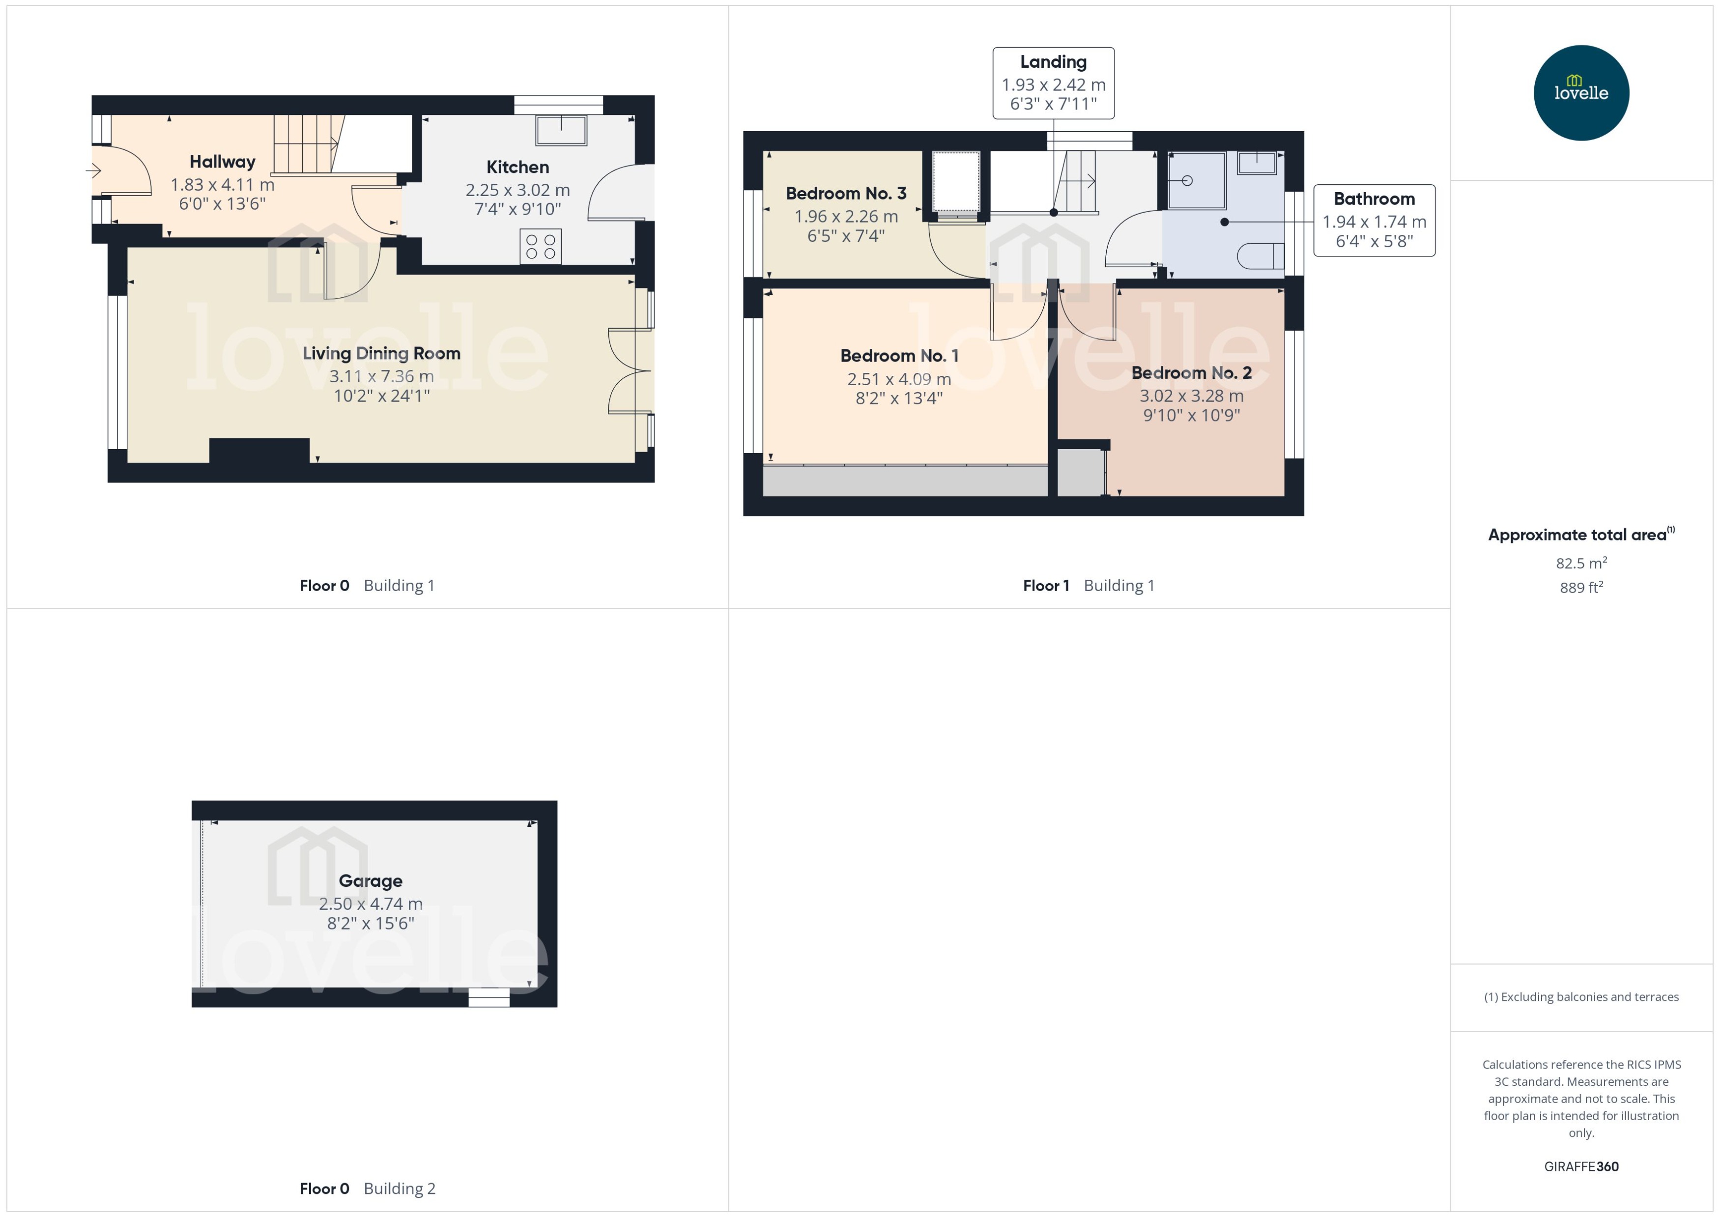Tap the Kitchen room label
coord(517,167)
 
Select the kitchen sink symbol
coord(561,130)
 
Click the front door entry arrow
coord(94,171)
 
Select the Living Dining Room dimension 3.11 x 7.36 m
coord(381,376)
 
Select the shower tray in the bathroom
coord(1197,181)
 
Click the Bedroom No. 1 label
coord(899,355)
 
